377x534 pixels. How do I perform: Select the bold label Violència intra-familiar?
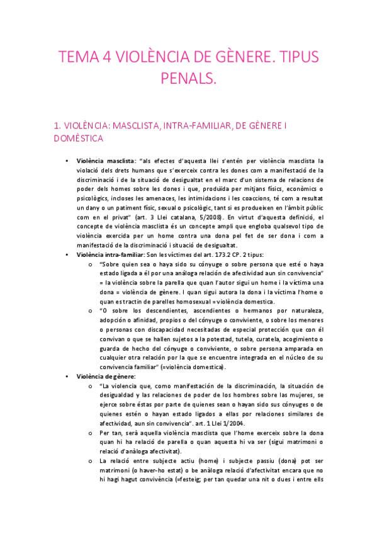click(111, 254)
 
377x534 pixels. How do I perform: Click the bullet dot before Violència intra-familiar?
click(67, 254)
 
